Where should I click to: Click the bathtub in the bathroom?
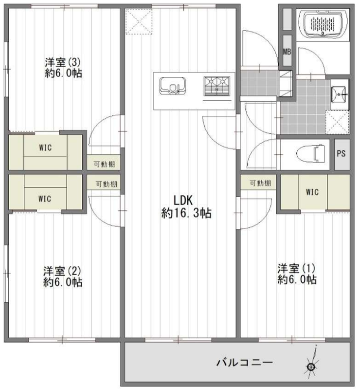click(323, 24)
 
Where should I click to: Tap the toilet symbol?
click(311, 154)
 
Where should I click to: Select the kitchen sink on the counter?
click(173, 86)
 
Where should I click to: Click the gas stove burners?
click(217, 86)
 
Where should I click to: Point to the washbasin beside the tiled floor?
click(339, 94)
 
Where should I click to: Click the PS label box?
click(342, 154)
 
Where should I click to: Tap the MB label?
click(287, 52)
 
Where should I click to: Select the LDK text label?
click(183, 200)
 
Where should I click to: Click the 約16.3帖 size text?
click(186, 213)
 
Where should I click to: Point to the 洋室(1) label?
click(296, 268)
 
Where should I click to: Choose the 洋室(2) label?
click(62, 271)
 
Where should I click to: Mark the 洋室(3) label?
click(63, 62)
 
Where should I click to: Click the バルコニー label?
click(245, 362)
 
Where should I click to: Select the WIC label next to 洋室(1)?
click(312, 192)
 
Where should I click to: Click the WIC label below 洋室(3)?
click(46, 148)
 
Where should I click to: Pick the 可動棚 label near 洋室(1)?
click(260, 183)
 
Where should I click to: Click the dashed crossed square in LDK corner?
click(139, 21)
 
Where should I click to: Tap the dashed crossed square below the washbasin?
click(337, 123)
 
